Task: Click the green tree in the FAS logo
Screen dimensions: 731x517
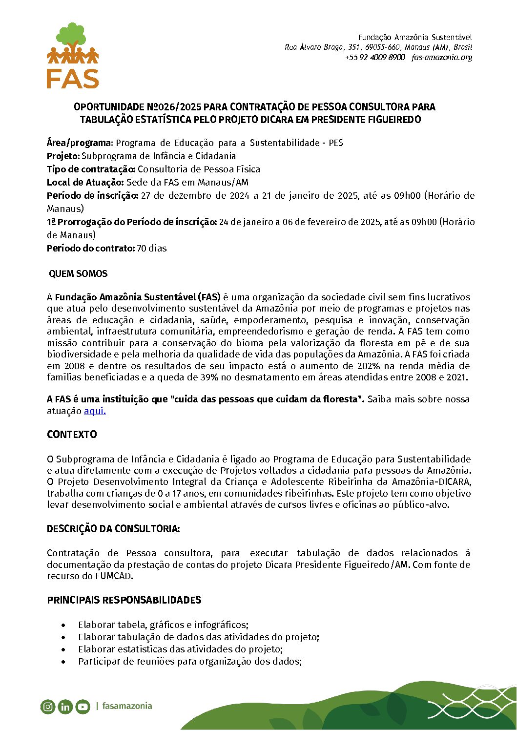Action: (x=73, y=35)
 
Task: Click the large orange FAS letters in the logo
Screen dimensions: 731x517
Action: (x=73, y=78)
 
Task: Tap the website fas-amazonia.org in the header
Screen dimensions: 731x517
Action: (x=442, y=57)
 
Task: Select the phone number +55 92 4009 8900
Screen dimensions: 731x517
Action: (x=375, y=57)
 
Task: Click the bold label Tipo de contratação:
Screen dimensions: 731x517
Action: (x=91, y=169)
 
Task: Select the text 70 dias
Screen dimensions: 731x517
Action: (x=152, y=249)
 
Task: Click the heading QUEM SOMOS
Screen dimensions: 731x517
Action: (x=78, y=274)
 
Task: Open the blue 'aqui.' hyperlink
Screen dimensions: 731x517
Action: (x=95, y=411)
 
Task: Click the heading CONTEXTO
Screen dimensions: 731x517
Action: (x=72, y=435)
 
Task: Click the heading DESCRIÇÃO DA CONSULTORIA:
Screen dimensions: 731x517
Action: (x=113, y=529)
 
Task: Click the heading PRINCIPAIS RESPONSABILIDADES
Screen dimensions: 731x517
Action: (x=124, y=600)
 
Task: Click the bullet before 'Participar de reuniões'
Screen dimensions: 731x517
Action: (x=63, y=662)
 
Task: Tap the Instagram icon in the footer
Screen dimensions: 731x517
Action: (x=48, y=707)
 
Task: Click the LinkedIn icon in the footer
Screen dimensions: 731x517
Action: (x=65, y=707)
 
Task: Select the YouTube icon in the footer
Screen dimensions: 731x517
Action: (x=83, y=707)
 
